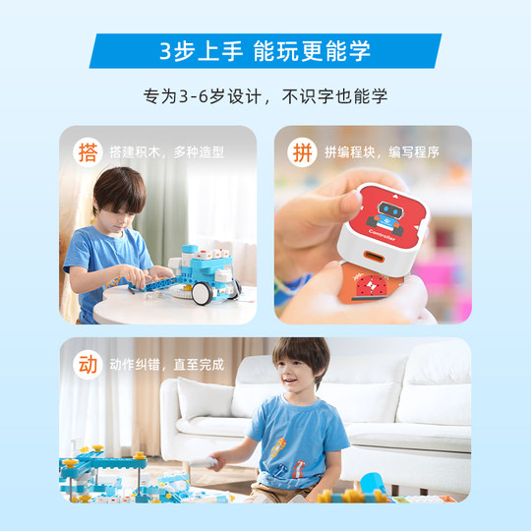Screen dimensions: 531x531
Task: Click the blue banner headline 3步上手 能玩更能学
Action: [265, 51]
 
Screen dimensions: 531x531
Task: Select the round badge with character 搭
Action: [88, 152]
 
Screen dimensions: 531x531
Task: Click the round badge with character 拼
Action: [300, 152]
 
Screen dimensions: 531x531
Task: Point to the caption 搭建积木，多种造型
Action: [167, 152]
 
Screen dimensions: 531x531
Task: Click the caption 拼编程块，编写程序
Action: [382, 152]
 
